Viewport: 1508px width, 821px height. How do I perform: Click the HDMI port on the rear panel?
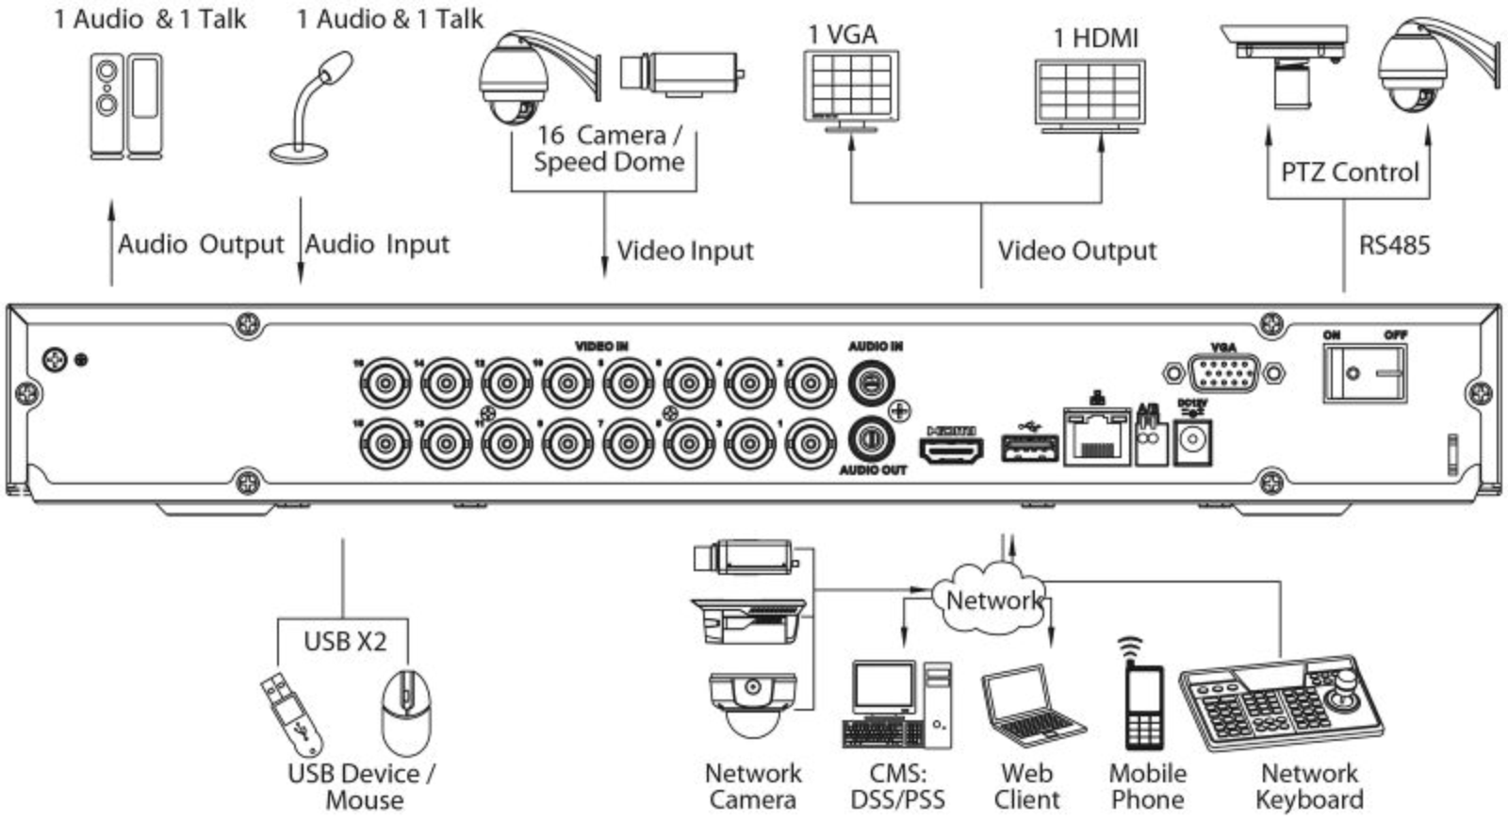(951, 451)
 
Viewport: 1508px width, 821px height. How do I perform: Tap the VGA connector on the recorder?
(1222, 373)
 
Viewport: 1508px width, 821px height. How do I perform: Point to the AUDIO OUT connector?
(873, 438)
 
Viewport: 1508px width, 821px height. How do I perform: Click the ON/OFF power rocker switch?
(1364, 373)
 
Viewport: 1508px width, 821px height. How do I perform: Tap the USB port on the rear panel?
(1029, 446)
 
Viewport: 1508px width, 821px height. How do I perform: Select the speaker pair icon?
(125, 105)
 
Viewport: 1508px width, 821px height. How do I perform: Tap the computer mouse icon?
(407, 712)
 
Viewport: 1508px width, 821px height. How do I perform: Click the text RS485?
(1394, 246)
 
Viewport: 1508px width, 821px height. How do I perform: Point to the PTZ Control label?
(1349, 172)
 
